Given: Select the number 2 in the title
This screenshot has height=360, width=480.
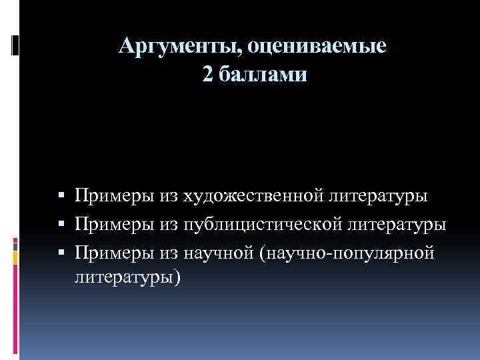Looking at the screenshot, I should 208,75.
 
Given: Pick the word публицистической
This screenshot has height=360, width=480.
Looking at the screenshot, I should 260,225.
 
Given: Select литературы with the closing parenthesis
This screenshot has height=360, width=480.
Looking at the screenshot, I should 127,275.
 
